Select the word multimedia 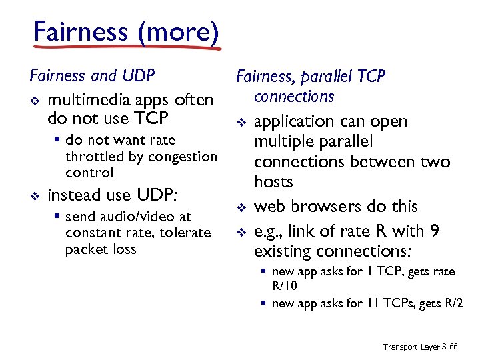tap(88, 100)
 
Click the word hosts tap(273, 182)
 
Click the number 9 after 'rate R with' tap(435, 231)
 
